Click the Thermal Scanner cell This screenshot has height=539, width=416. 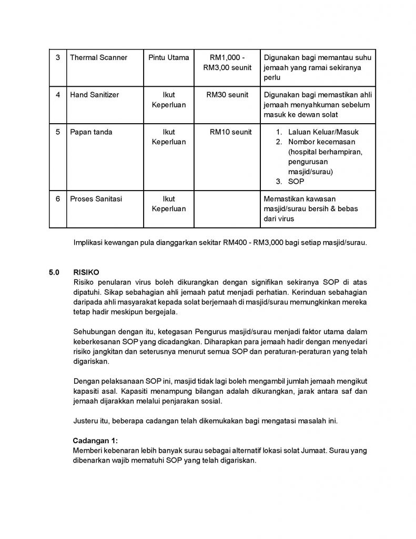coord(99,57)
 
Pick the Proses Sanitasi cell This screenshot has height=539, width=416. coord(96,199)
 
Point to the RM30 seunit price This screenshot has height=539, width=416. coord(228,95)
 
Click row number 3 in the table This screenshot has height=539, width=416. coord(58,57)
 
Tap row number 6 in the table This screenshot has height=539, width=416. coord(58,199)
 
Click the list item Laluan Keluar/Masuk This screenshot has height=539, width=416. coord(323,132)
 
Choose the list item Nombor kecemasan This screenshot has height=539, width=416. coord(322,142)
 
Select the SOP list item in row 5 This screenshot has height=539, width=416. coord(296,181)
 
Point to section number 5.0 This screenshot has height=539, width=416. coord(54,273)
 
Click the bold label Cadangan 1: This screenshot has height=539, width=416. coord(95,440)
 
